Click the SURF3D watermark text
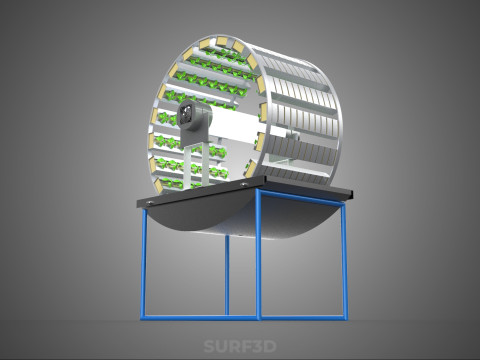240,346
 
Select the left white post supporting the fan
187,167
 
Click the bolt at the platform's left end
150,202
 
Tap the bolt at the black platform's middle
244,184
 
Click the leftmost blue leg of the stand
144,263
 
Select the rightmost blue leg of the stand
344,261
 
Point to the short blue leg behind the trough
227,275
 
